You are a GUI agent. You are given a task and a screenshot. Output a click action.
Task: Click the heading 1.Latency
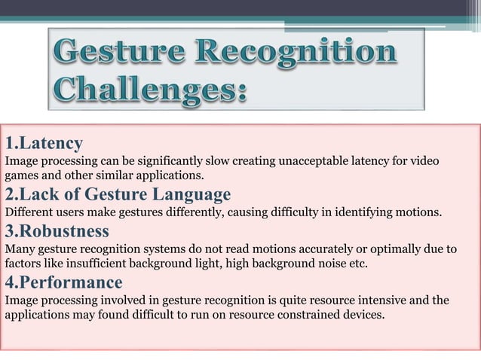pyautogui.click(x=44, y=143)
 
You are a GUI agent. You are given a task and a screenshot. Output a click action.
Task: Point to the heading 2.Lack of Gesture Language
pyautogui.click(x=118, y=195)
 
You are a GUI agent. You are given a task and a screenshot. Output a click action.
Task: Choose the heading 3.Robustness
pyautogui.click(x=57, y=230)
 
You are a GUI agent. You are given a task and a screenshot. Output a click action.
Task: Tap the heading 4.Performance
pyautogui.click(x=63, y=282)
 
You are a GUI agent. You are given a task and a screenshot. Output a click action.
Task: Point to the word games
pyautogui.click(x=21, y=175)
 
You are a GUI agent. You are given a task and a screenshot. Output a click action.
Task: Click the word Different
pyautogui.click(x=29, y=213)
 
